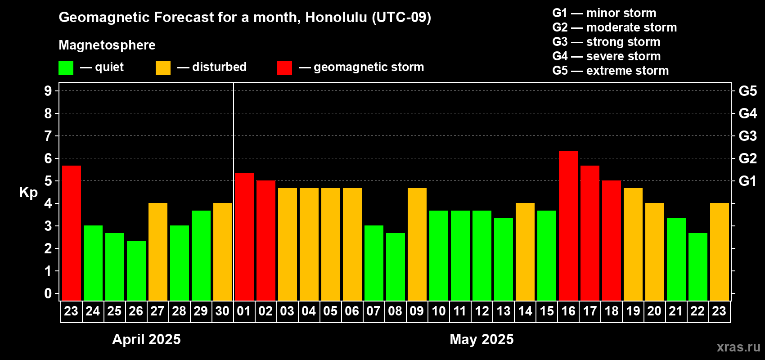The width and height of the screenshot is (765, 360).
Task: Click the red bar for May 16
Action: [568, 225]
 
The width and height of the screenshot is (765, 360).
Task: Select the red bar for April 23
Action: [72, 233]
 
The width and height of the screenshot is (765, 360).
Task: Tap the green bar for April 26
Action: [136, 270]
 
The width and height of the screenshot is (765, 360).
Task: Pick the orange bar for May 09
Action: [417, 244]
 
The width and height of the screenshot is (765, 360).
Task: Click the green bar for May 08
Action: [396, 267]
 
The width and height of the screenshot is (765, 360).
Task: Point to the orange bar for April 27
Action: [158, 252]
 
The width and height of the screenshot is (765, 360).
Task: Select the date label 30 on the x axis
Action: [222, 311]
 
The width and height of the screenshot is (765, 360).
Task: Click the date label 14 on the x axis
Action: [525, 311]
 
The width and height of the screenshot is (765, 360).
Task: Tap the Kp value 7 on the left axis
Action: [48, 136]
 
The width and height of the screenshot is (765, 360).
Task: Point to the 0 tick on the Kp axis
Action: [48, 293]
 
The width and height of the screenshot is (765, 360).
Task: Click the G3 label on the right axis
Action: [747, 136]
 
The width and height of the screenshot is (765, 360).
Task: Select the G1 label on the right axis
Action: [747, 181]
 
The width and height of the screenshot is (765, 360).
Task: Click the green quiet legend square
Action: [66, 68]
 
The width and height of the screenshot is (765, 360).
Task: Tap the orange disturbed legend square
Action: [163, 68]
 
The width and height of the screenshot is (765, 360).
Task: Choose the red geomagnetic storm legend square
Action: [284, 68]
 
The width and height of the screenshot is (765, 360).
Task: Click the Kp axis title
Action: [28, 193]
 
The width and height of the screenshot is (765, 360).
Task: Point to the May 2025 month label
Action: [481, 339]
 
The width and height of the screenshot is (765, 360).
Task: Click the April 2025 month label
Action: [146, 339]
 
